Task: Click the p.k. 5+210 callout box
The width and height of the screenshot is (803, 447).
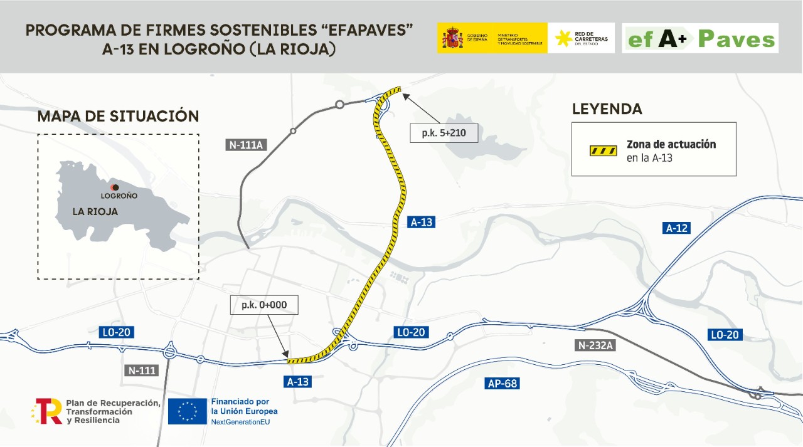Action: coord(444,133)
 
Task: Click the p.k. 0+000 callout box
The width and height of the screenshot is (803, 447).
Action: coord(264,305)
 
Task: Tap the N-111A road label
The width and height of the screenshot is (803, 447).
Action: coord(247,145)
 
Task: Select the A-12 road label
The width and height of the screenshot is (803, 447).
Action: coord(676,228)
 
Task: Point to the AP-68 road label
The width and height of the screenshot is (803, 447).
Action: coord(503,383)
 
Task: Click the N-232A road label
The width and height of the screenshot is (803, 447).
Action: coord(595,345)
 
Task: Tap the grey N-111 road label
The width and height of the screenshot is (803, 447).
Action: coord(142,370)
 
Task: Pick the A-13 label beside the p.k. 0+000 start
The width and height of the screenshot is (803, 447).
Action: coord(298,381)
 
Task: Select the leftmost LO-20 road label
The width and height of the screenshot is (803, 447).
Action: coord(117,332)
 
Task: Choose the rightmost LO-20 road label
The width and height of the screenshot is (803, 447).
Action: coord(725,335)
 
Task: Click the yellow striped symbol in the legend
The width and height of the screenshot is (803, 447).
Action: coord(603,151)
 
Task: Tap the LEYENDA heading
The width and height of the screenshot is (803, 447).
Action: coord(607,109)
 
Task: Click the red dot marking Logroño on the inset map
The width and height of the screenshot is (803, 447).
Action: coord(114,187)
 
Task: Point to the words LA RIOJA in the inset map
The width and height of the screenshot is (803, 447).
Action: coord(95,212)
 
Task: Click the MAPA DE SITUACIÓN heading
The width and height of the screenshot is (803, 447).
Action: coord(118,116)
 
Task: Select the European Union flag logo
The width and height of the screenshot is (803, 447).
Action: coord(187,411)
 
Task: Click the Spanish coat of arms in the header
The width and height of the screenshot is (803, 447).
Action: coord(452,38)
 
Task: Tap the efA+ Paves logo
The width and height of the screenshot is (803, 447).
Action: coord(699,39)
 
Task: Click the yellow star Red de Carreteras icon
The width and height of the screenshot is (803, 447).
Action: coord(563,38)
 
